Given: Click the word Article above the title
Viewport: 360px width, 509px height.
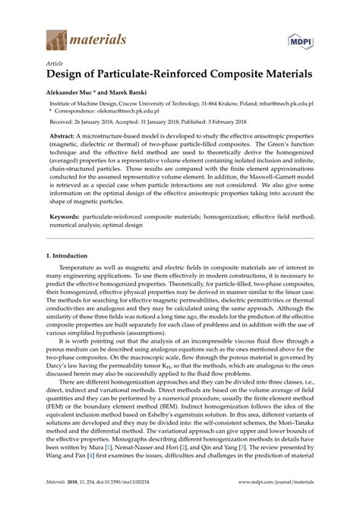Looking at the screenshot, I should [52, 65].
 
